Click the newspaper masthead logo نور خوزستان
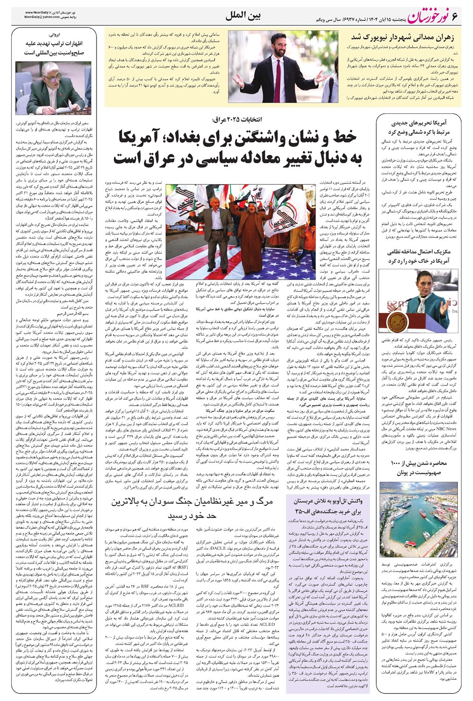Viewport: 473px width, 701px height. pyautogui.click(x=427, y=14)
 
